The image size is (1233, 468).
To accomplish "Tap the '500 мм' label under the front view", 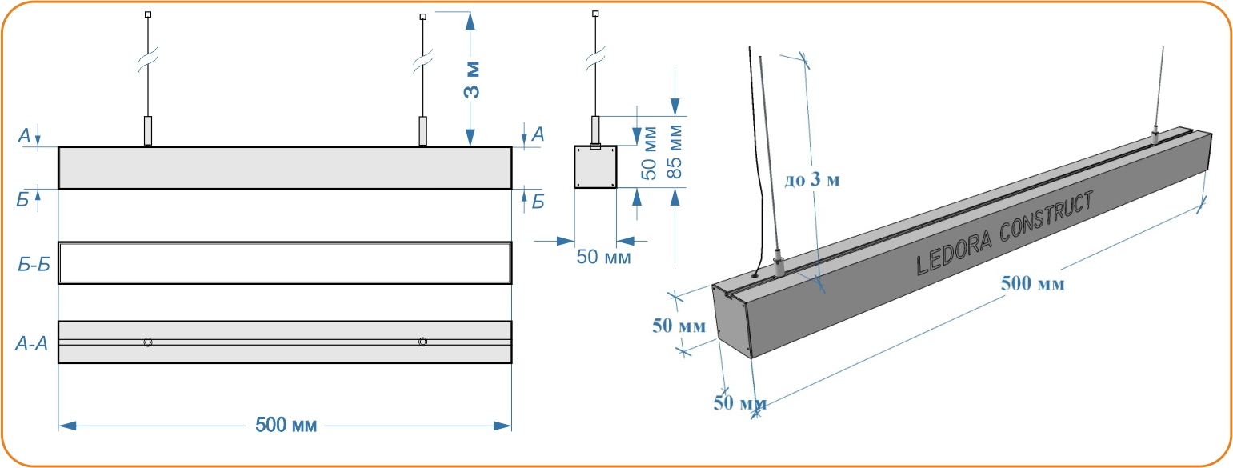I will pyautogui.click(x=286, y=425).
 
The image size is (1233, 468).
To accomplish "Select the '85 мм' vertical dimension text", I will pyautogui.click(x=675, y=151).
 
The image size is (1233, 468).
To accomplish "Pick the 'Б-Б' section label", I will pyautogui.click(x=34, y=265).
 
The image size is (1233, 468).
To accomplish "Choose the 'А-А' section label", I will pyautogui.click(x=32, y=344).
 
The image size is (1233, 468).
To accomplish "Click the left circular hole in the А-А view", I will pyautogui.click(x=148, y=342).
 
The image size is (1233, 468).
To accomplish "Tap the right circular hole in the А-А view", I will pyautogui.click(x=422, y=342).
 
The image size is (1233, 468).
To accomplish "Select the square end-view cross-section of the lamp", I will pyautogui.click(x=594, y=167).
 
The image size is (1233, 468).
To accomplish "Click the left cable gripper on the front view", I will pyautogui.click(x=148, y=130).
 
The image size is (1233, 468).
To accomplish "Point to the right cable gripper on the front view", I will pyautogui.click(x=422, y=130).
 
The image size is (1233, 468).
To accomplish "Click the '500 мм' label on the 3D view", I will pyautogui.click(x=1032, y=283).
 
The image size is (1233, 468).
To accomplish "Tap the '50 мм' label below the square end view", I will pyautogui.click(x=603, y=258).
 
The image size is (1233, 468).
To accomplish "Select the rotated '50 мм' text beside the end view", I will pyautogui.click(x=650, y=151).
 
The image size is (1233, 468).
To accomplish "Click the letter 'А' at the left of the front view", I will pyautogui.click(x=26, y=136).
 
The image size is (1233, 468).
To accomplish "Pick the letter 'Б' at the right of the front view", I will pyautogui.click(x=538, y=202).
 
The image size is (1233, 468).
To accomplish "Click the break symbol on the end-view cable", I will pyautogui.click(x=594, y=59).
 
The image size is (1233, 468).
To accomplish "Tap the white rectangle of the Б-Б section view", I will pyautogui.click(x=285, y=262).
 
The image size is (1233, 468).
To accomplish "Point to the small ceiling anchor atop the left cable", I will pyautogui.click(x=148, y=14).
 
